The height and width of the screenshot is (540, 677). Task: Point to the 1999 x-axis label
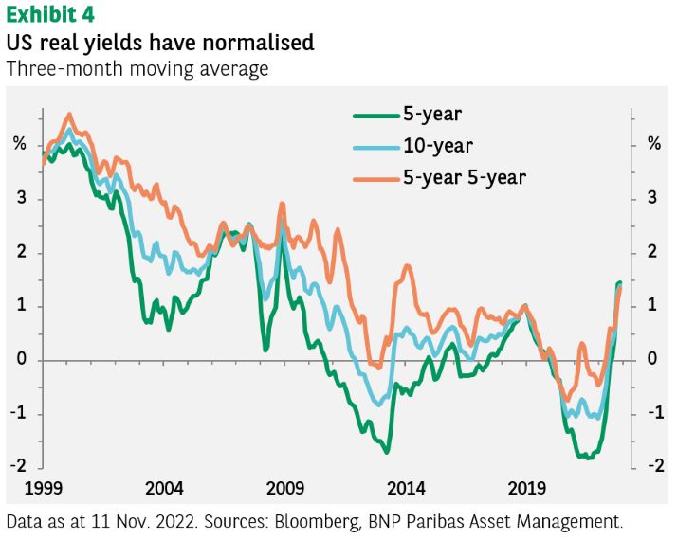[x=44, y=489]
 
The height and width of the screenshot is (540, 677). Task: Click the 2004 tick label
[x=165, y=489]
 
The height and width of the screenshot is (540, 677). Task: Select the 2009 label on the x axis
[x=285, y=489]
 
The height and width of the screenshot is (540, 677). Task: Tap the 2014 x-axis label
[x=407, y=489]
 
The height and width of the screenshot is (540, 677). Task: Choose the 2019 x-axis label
[x=527, y=489]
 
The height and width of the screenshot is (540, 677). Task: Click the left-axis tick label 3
[x=21, y=199]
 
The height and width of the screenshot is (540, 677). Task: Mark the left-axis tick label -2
[x=18, y=467]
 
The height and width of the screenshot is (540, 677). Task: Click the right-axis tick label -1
[x=651, y=414]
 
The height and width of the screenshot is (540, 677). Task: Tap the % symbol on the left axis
[x=20, y=144]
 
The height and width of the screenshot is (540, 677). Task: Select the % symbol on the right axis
[x=653, y=144]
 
